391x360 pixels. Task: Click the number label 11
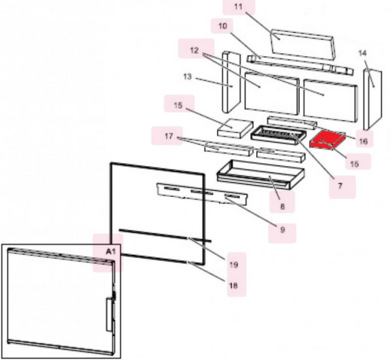239,7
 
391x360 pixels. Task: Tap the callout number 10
223,25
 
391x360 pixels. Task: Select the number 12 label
194,50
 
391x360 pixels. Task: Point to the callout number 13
187,76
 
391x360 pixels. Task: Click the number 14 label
362,53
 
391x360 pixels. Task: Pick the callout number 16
364,142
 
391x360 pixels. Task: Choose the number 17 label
169,136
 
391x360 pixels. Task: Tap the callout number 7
340,186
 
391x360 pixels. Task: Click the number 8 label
282,207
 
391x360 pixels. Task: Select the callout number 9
282,230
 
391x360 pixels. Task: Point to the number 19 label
234,265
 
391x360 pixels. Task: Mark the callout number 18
233,285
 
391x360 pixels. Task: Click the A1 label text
111,252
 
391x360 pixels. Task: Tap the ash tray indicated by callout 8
261,174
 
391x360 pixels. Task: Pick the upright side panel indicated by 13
231,82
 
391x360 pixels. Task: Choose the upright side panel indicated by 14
373,100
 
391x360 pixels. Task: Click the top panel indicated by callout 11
302,44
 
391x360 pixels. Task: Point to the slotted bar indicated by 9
202,194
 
